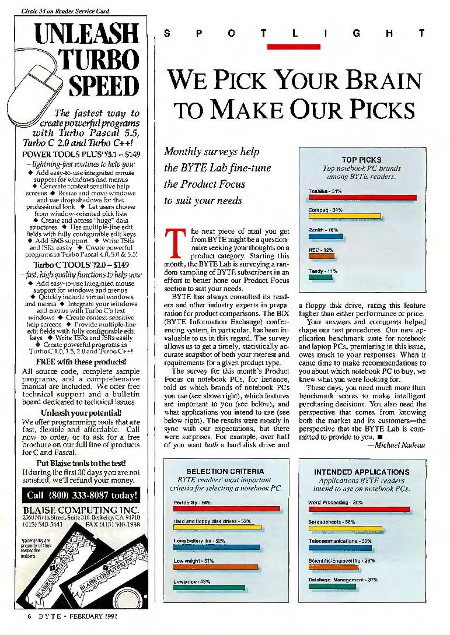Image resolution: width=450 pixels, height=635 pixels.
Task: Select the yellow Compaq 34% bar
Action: [344, 216]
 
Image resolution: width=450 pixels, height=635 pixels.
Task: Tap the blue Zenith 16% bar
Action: [325, 237]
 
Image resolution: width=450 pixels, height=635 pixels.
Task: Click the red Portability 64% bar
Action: [226, 508]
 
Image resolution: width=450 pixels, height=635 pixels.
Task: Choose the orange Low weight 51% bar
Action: [215, 567]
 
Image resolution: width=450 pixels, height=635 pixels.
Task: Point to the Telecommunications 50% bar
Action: [340, 548]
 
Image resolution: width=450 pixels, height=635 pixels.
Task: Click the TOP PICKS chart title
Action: [361, 160]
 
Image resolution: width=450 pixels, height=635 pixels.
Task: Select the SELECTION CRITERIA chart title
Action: [225, 471]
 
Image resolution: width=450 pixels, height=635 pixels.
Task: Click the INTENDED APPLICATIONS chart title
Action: [361, 472]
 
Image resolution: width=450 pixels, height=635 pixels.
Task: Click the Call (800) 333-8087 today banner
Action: [82, 496]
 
